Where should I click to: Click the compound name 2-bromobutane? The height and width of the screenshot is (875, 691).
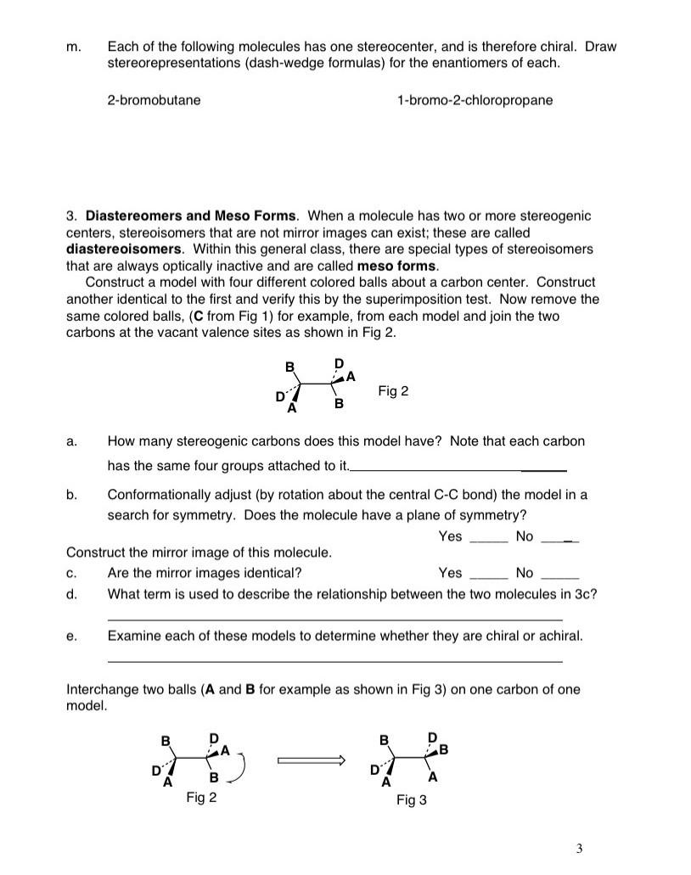pyautogui.click(x=154, y=100)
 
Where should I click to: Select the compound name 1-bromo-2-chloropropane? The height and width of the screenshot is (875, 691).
pyautogui.click(x=474, y=100)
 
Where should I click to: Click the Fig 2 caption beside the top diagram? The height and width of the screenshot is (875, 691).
pyautogui.click(x=393, y=391)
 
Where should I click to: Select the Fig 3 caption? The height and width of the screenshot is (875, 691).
pyautogui.click(x=412, y=800)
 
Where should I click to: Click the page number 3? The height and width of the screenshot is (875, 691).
pyautogui.click(x=579, y=848)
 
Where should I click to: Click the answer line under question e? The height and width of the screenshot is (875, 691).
pyautogui.click(x=334, y=661)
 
